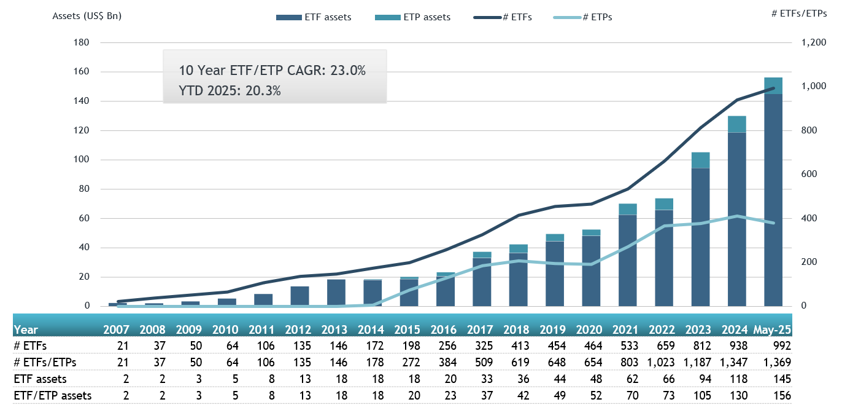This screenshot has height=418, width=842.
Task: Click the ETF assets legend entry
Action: (x=314, y=17)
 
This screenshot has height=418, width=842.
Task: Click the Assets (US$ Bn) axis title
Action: (x=87, y=16)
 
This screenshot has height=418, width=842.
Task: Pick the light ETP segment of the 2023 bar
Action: (x=700, y=160)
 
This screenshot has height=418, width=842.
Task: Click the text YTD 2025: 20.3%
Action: (x=230, y=90)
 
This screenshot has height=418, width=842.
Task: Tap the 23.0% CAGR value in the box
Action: (x=348, y=71)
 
